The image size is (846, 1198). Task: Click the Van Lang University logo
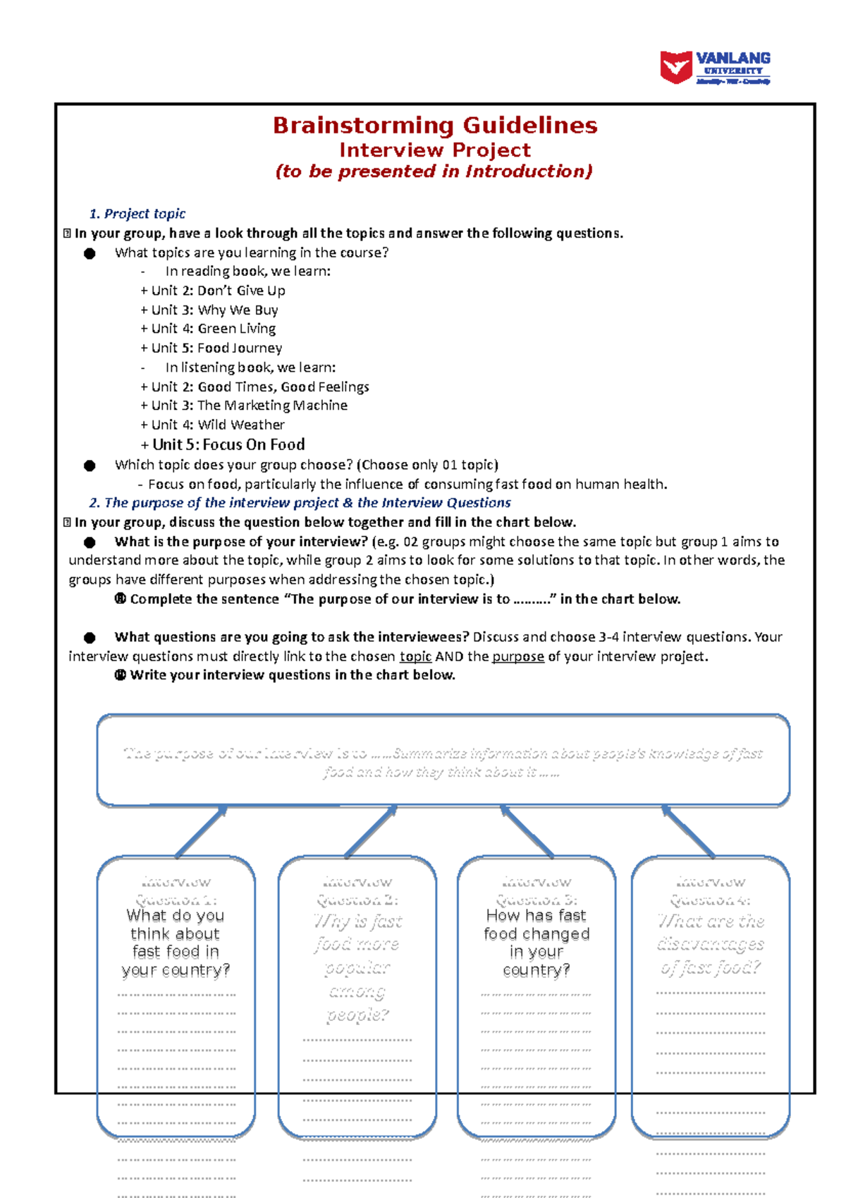pyautogui.click(x=714, y=68)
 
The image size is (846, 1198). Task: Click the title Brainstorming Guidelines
pyautogui.click(x=435, y=126)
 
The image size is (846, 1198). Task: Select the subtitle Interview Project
pyautogui.click(x=435, y=150)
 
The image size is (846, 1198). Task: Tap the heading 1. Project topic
pyautogui.click(x=137, y=214)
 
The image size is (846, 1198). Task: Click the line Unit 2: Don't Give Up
pyautogui.click(x=214, y=291)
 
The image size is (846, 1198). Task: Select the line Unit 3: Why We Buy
pyautogui.click(x=210, y=310)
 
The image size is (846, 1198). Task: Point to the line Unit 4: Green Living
pyautogui.click(x=209, y=329)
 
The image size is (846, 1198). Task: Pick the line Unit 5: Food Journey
pyautogui.click(x=212, y=348)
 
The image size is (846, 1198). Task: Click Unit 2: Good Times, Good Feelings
pyautogui.click(x=255, y=387)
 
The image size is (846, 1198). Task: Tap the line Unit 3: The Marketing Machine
pyautogui.click(x=245, y=406)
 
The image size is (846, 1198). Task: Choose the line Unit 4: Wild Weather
pyautogui.click(x=213, y=425)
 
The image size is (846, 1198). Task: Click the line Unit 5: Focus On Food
pyautogui.click(x=223, y=444)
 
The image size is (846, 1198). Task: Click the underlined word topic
pyautogui.click(x=415, y=657)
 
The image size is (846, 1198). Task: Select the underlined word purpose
pyautogui.click(x=517, y=657)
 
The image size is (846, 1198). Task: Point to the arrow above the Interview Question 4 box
pyautogui.click(x=688, y=831)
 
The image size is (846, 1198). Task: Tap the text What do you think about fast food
pyautogui.click(x=176, y=943)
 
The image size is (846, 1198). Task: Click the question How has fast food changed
pyautogui.click(x=537, y=943)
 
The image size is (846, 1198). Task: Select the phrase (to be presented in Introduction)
pyautogui.click(x=434, y=171)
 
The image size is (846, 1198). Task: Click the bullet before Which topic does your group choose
pyautogui.click(x=90, y=466)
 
